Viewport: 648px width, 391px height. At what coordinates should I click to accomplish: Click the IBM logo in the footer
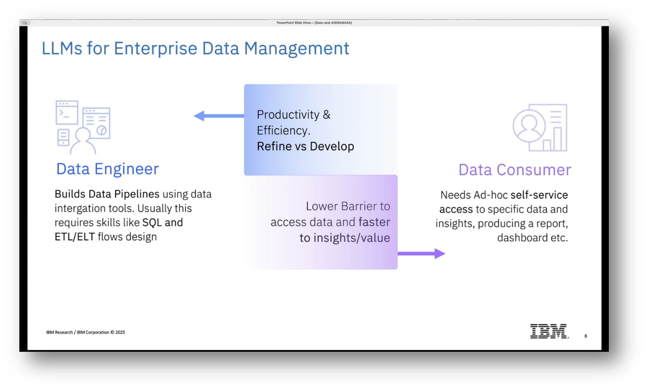(x=549, y=331)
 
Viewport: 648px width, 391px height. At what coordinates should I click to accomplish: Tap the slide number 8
(x=586, y=336)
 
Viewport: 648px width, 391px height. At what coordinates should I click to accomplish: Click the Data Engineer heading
(x=107, y=169)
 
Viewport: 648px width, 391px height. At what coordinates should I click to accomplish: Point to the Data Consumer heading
(x=514, y=170)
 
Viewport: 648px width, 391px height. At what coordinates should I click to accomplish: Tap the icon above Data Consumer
(x=540, y=128)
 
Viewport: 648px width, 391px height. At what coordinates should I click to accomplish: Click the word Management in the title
(x=296, y=48)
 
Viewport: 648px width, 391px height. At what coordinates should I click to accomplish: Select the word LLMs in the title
(x=62, y=48)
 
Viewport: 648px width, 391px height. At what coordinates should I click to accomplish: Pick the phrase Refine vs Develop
(x=305, y=146)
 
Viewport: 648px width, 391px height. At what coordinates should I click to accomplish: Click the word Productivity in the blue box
(x=288, y=114)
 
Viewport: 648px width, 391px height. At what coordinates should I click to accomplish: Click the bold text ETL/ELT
(x=75, y=237)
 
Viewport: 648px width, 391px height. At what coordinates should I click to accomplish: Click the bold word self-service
(x=539, y=195)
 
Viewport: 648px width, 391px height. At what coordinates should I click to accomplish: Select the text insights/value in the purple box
(x=351, y=238)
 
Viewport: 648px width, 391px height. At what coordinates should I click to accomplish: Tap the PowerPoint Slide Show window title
(x=314, y=23)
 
